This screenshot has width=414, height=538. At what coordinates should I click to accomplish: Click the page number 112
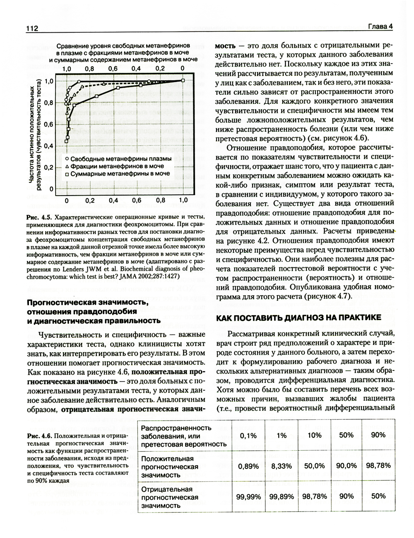[32, 29]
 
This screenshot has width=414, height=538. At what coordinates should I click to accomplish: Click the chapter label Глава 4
[380, 27]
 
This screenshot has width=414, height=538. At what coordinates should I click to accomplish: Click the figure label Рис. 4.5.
[39, 217]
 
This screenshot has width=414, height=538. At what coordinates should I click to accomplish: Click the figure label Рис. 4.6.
[39, 435]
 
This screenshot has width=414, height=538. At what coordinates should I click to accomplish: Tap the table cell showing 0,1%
[248, 435]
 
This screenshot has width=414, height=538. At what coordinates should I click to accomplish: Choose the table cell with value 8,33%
[282, 466]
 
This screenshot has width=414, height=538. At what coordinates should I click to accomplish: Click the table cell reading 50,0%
[314, 466]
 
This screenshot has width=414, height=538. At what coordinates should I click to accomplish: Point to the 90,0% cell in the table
[346, 466]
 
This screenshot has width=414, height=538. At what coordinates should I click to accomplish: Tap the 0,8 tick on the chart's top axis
[89, 68]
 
